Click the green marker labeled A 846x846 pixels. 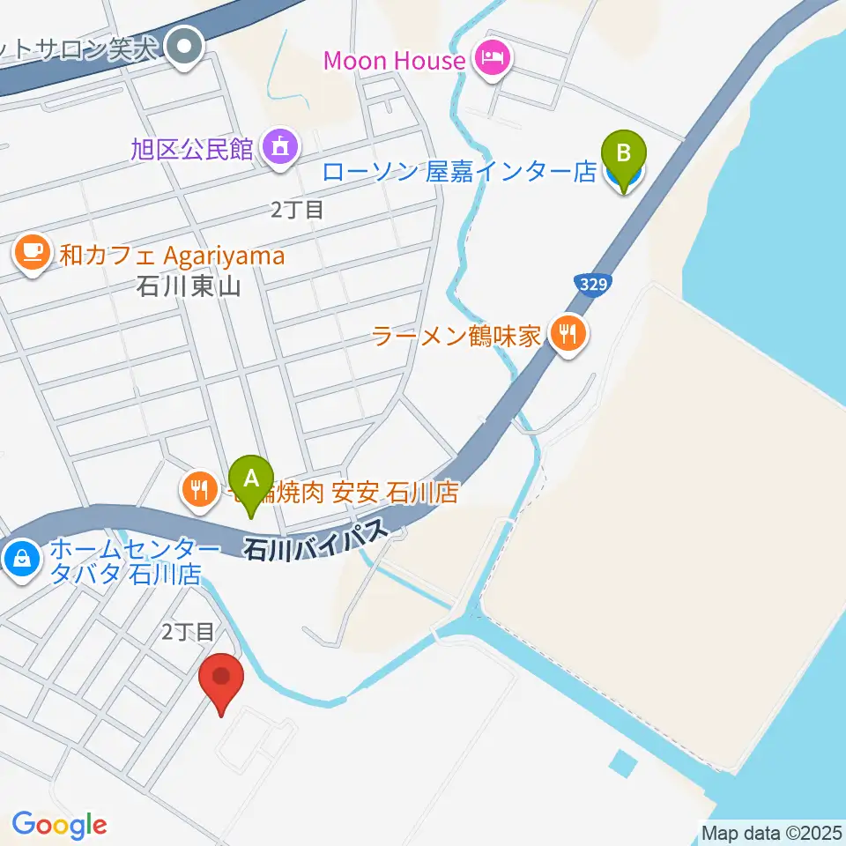(251, 481)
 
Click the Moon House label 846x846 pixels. (394, 61)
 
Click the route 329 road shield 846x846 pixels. (591, 284)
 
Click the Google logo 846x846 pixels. (59, 825)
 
